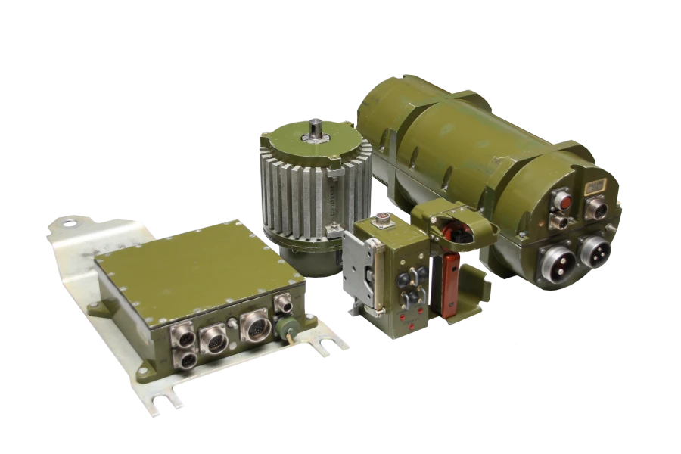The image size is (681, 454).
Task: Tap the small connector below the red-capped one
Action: (x=561, y=222)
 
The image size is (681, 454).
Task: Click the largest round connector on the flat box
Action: (x=255, y=327)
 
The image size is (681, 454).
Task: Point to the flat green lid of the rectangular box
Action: (x=189, y=265)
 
